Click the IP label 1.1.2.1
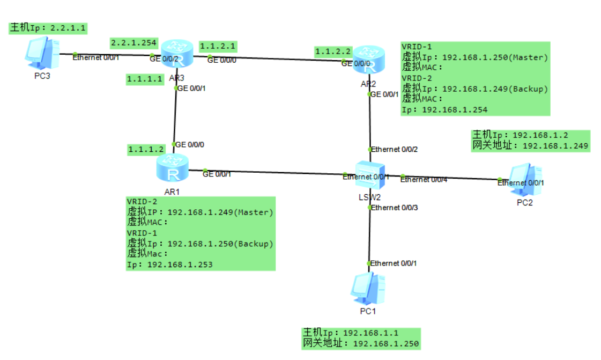click(x=218, y=46)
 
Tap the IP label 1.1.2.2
click(x=333, y=52)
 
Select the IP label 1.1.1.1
click(x=145, y=79)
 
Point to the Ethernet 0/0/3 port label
click(x=394, y=207)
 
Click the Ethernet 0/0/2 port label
click(x=394, y=149)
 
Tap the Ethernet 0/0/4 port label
click(x=424, y=179)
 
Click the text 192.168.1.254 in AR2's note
click(x=455, y=109)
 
